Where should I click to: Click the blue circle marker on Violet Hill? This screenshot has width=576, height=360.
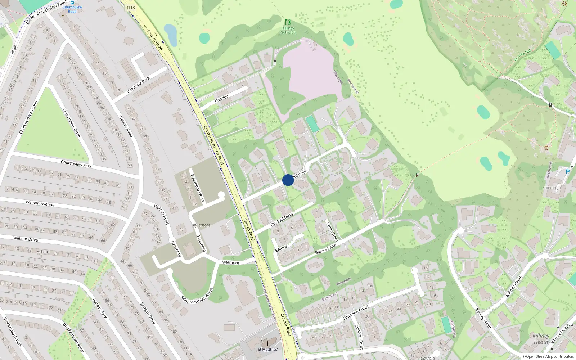pyautogui.click(x=288, y=180)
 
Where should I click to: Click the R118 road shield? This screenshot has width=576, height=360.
pyautogui.click(x=130, y=8)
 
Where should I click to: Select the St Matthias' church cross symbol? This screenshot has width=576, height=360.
pyautogui.click(x=267, y=344)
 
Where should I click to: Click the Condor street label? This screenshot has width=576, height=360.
pyautogui.click(x=221, y=98)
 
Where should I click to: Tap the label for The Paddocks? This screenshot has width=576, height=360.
pyautogui.click(x=282, y=219)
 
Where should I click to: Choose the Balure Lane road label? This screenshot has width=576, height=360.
pyautogui.click(x=325, y=249)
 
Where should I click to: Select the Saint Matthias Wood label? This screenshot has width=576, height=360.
pyautogui.click(x=197, y=296)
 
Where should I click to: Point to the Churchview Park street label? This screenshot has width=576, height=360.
pyautogui.click(x=76, y=164)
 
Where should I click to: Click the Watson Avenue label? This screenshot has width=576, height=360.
pyautogui.click(x=40, y=203)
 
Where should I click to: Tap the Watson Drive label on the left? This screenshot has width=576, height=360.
pyautogui.click(x=26, y=239)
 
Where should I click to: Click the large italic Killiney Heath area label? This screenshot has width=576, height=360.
pyautogui.click(x=541, y=339)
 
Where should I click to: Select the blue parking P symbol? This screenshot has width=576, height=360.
pyautogui.click(x=568, y=172)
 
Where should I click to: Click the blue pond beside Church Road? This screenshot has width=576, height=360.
pyautogui.click(x=170, y=35)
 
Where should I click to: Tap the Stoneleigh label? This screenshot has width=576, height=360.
pyautogui.click(x=552, y=188)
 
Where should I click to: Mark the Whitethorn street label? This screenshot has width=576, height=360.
pyautogui.click(x=332, y=231)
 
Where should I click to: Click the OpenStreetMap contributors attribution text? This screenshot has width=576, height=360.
pyautogui.click(x=548, y=356)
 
